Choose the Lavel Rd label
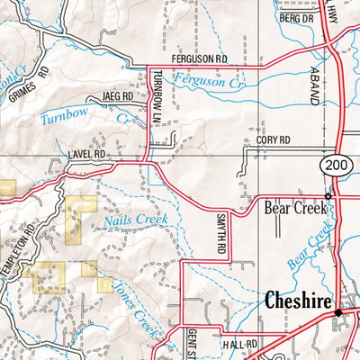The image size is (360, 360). (x=86, y=155)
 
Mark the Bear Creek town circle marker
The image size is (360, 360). (x=328, y=195)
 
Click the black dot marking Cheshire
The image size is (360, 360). (x=338, y=312)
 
